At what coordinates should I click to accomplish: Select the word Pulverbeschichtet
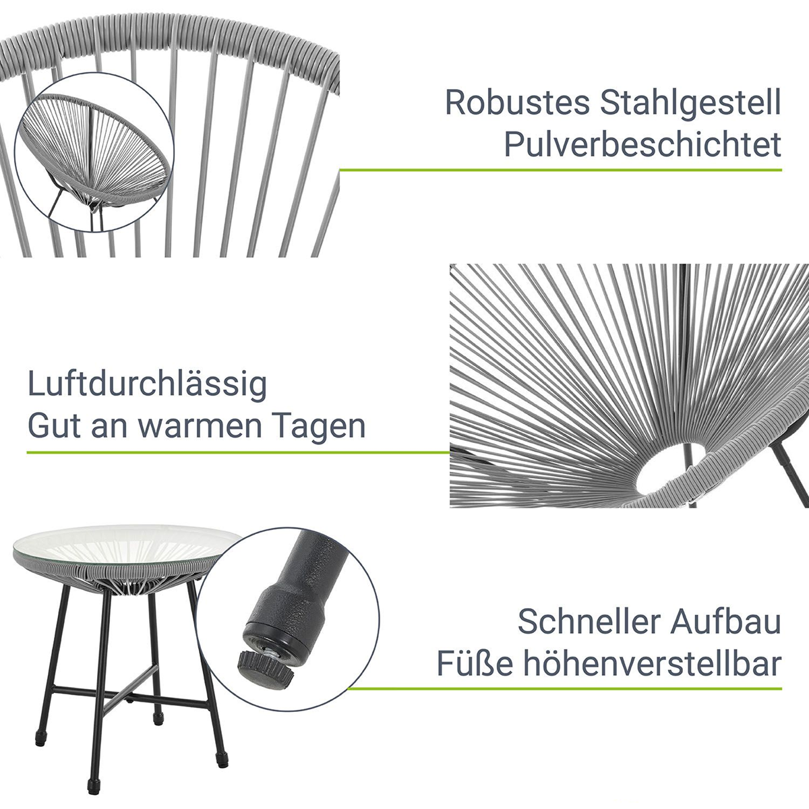point(642,144)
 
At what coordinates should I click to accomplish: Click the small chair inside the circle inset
point(95,156)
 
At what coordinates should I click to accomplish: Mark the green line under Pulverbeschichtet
point(560,170)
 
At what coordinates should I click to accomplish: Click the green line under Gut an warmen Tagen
point(238,453)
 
